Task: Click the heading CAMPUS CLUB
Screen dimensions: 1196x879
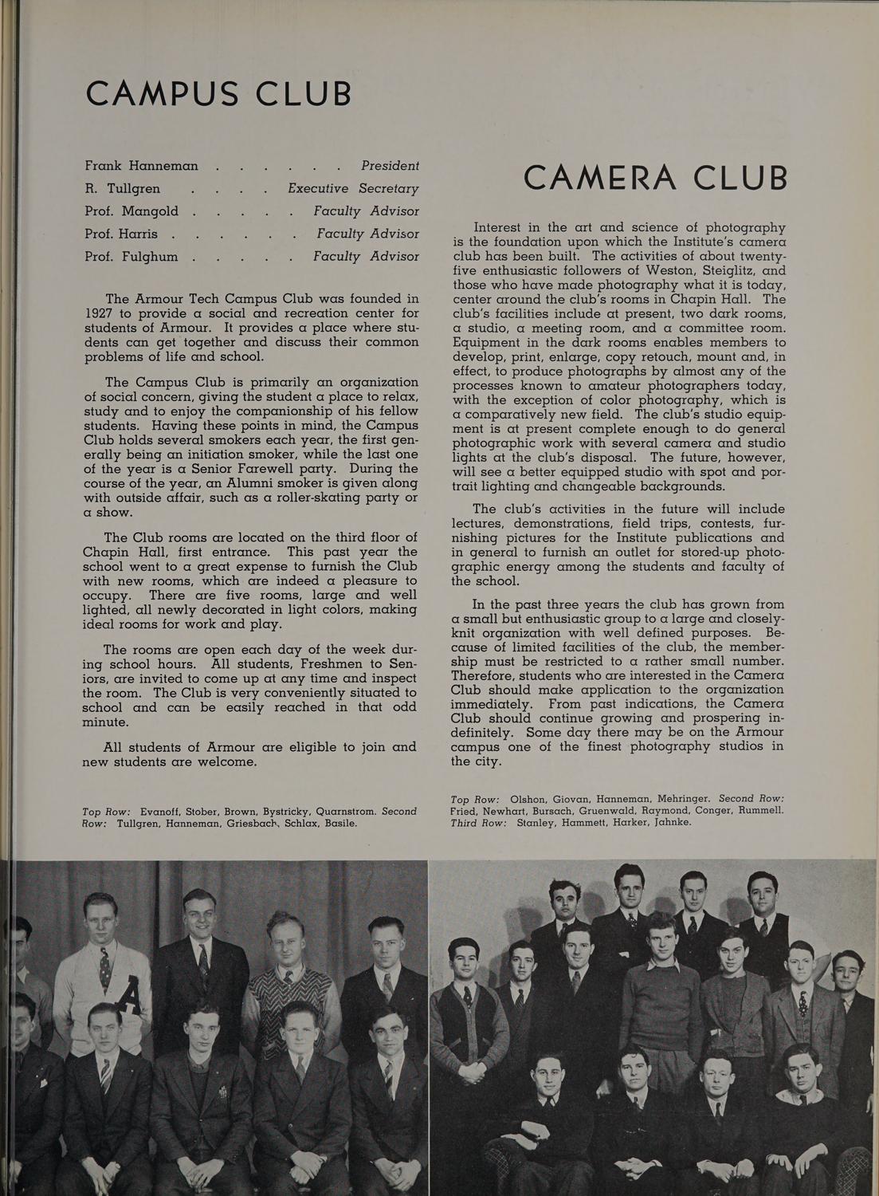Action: click(218, 93)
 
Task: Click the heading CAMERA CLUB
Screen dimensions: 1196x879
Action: click(655, 177)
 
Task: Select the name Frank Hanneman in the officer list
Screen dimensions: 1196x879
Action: click(141, 166)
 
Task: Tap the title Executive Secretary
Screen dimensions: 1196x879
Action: click(353, 188)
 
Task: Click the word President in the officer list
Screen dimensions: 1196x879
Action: click(390, 166)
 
